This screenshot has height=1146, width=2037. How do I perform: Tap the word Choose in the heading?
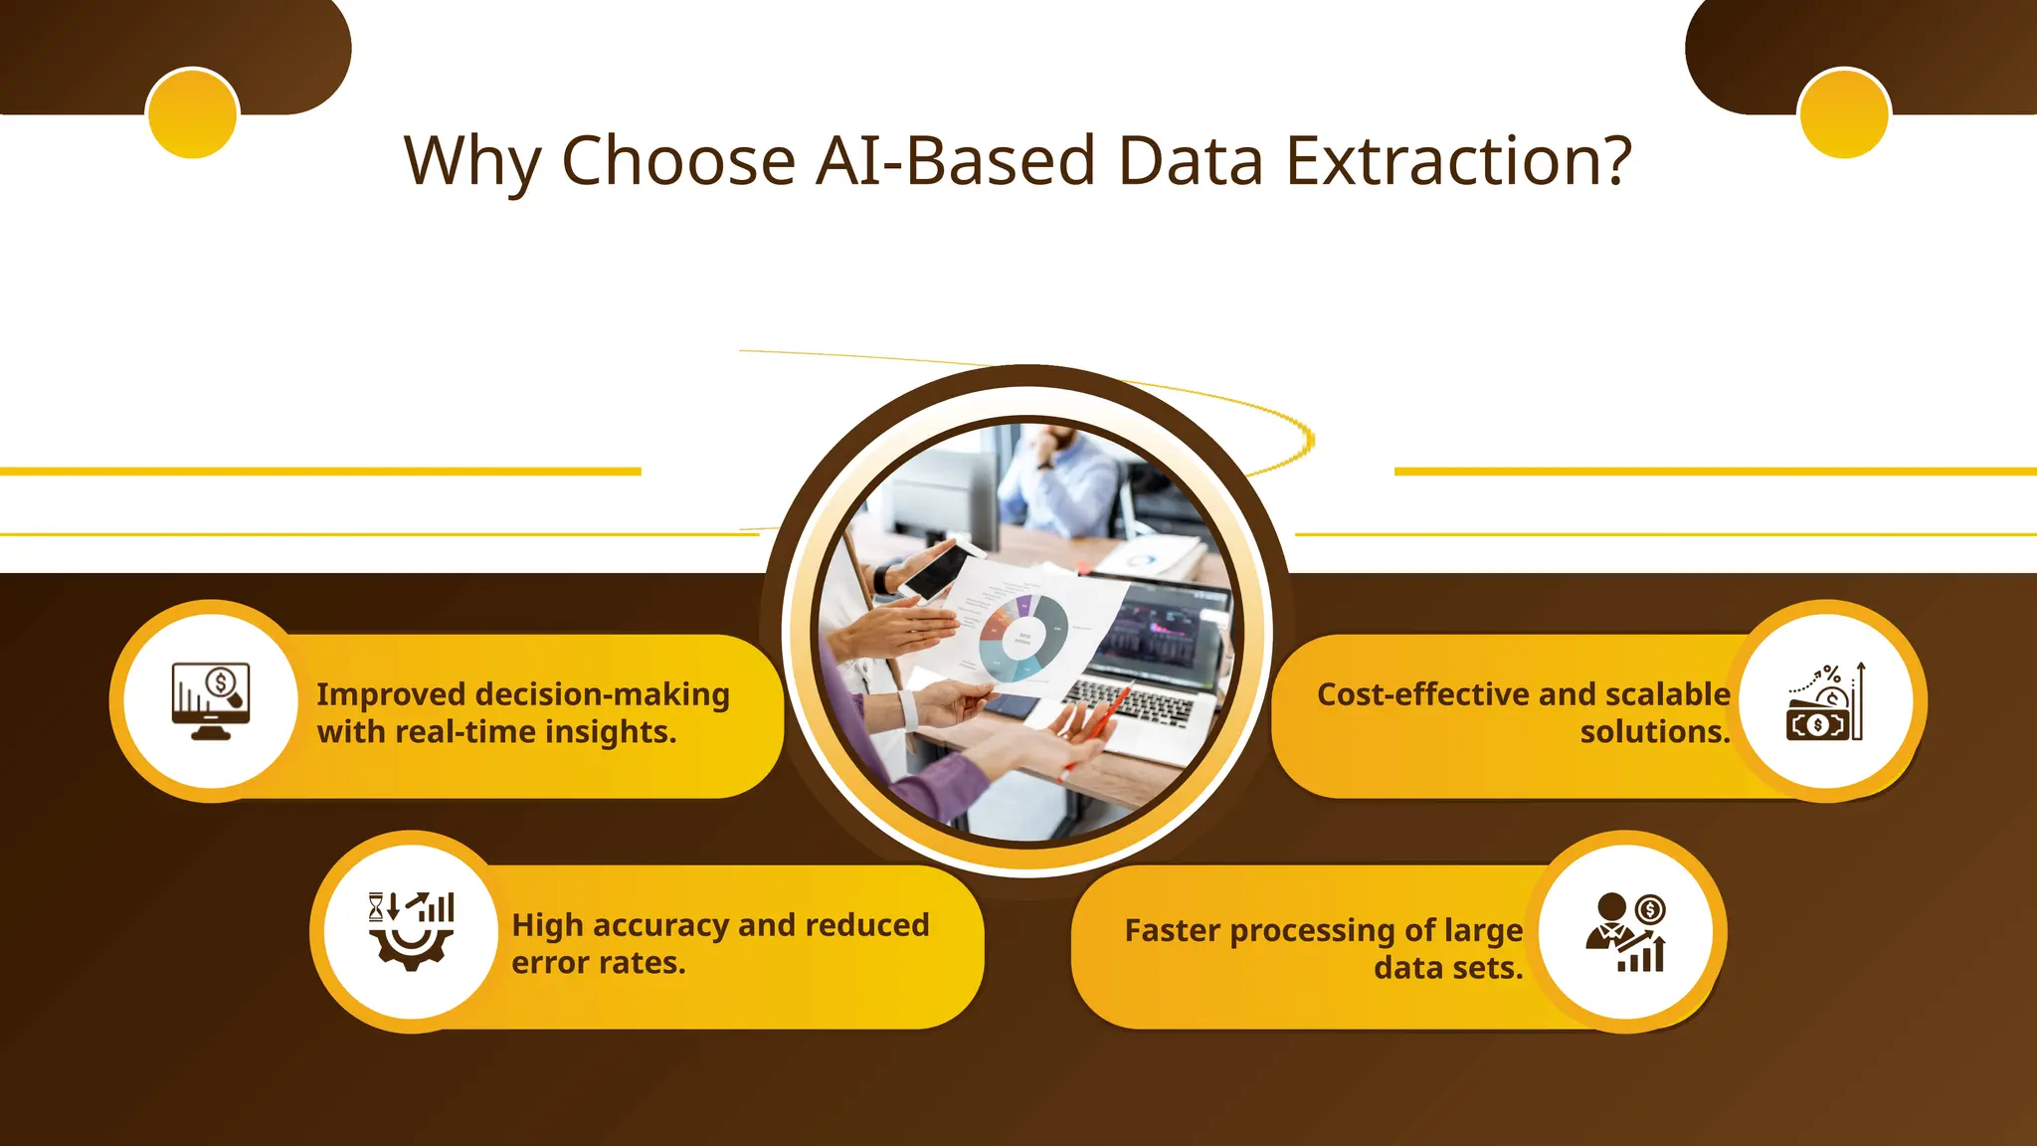tap(678, 161)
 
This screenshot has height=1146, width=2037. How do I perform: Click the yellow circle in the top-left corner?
tap(192, 113)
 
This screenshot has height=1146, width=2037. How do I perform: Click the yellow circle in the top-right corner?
tap(1844, 113)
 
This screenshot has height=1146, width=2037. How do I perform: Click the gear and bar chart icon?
tap(411, 931)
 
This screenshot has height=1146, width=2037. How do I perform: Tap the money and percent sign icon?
tap(1826, 702)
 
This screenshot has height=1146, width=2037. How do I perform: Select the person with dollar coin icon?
tap(1626, 932)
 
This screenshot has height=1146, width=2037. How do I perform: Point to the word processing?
tap(1314, 931)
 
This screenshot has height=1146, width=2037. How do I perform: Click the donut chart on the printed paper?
tap(1022, 637)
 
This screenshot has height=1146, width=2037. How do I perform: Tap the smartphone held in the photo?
tap(935, 571)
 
